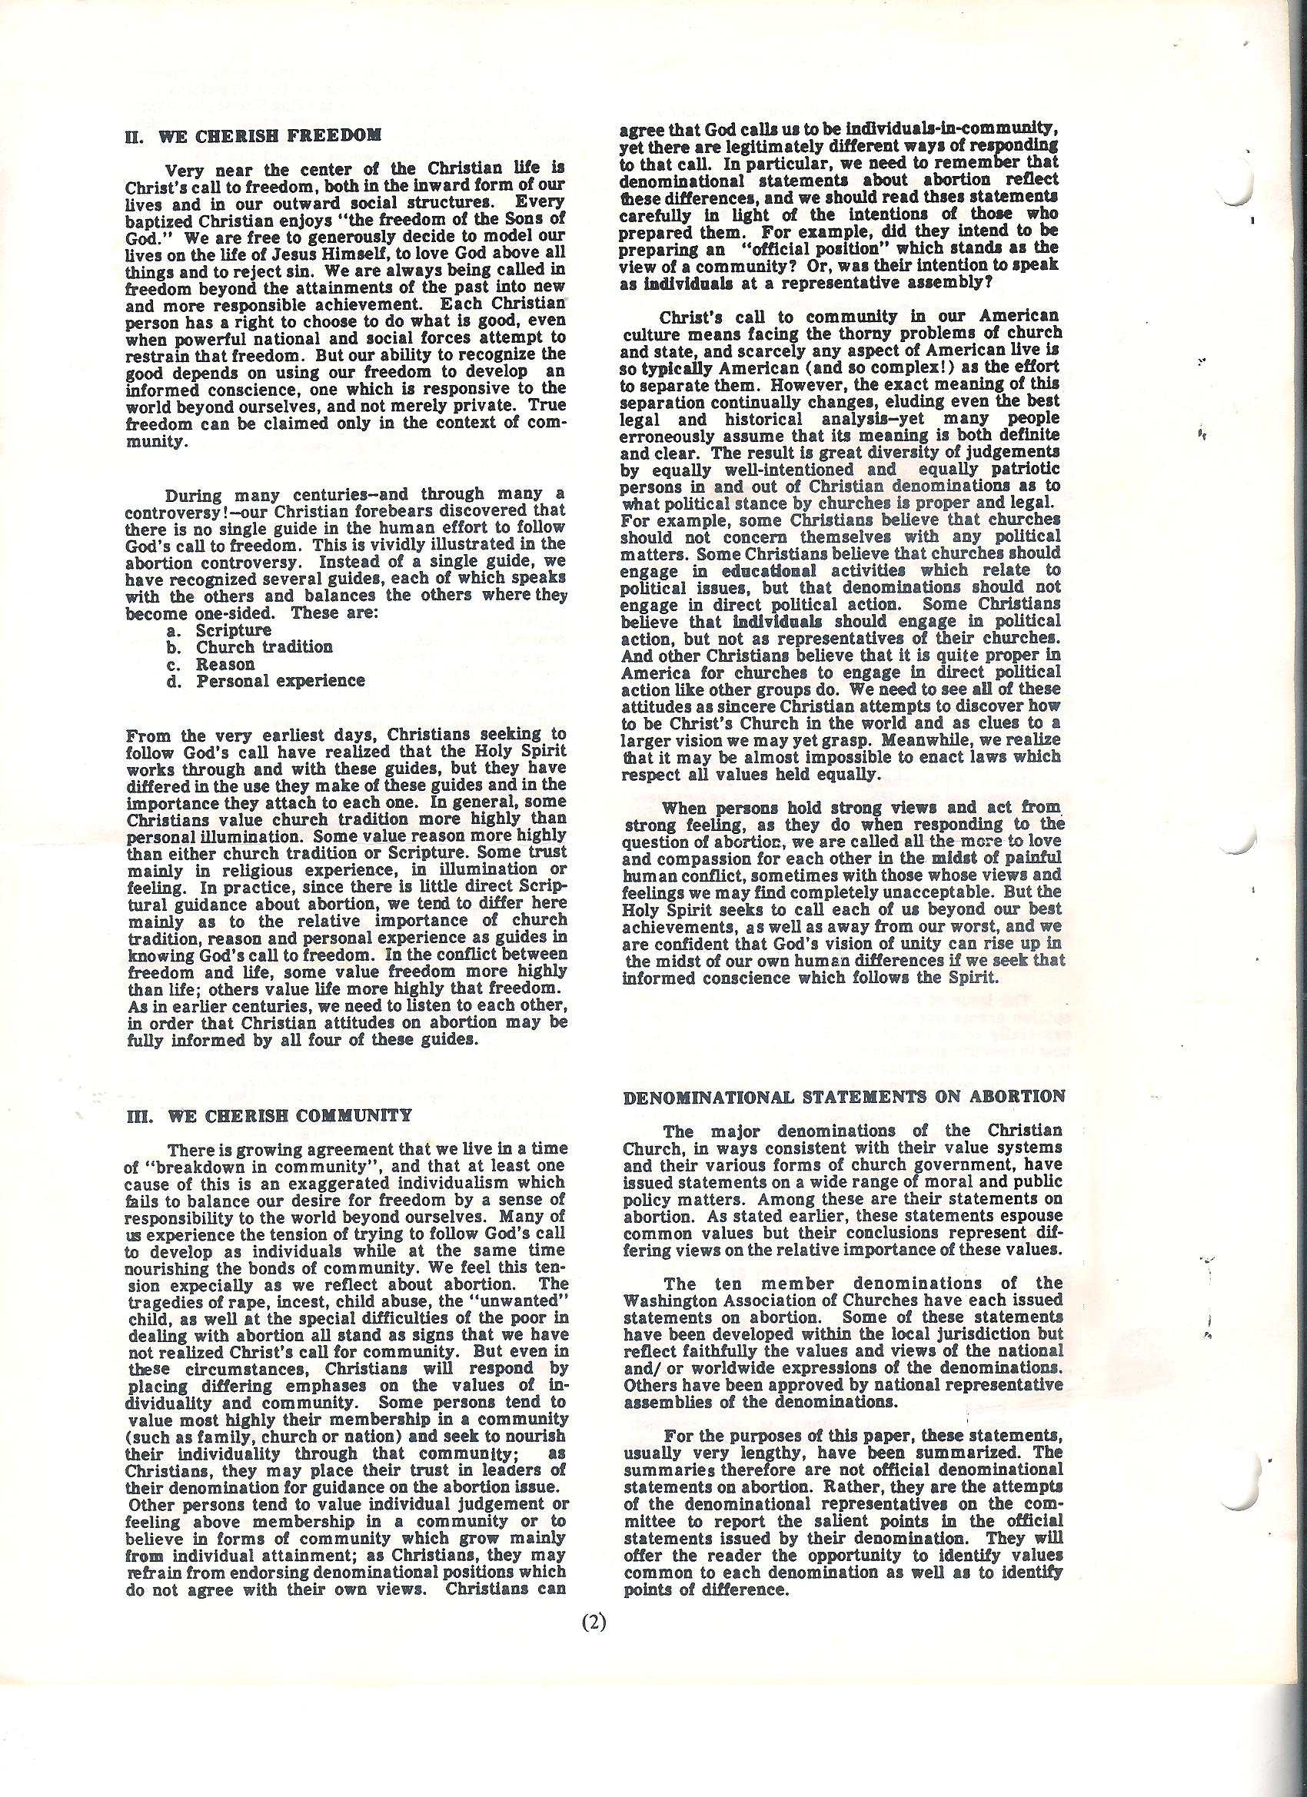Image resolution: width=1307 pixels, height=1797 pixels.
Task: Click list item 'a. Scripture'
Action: (220, 631)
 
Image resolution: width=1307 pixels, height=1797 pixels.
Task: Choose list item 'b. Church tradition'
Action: (250, 647)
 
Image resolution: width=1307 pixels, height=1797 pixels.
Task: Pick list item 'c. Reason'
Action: (211, 664)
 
